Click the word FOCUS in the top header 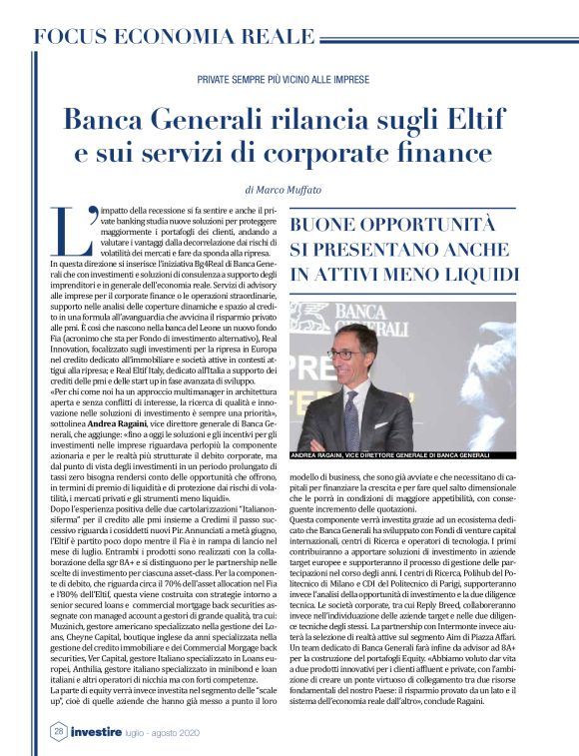(76, 37)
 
